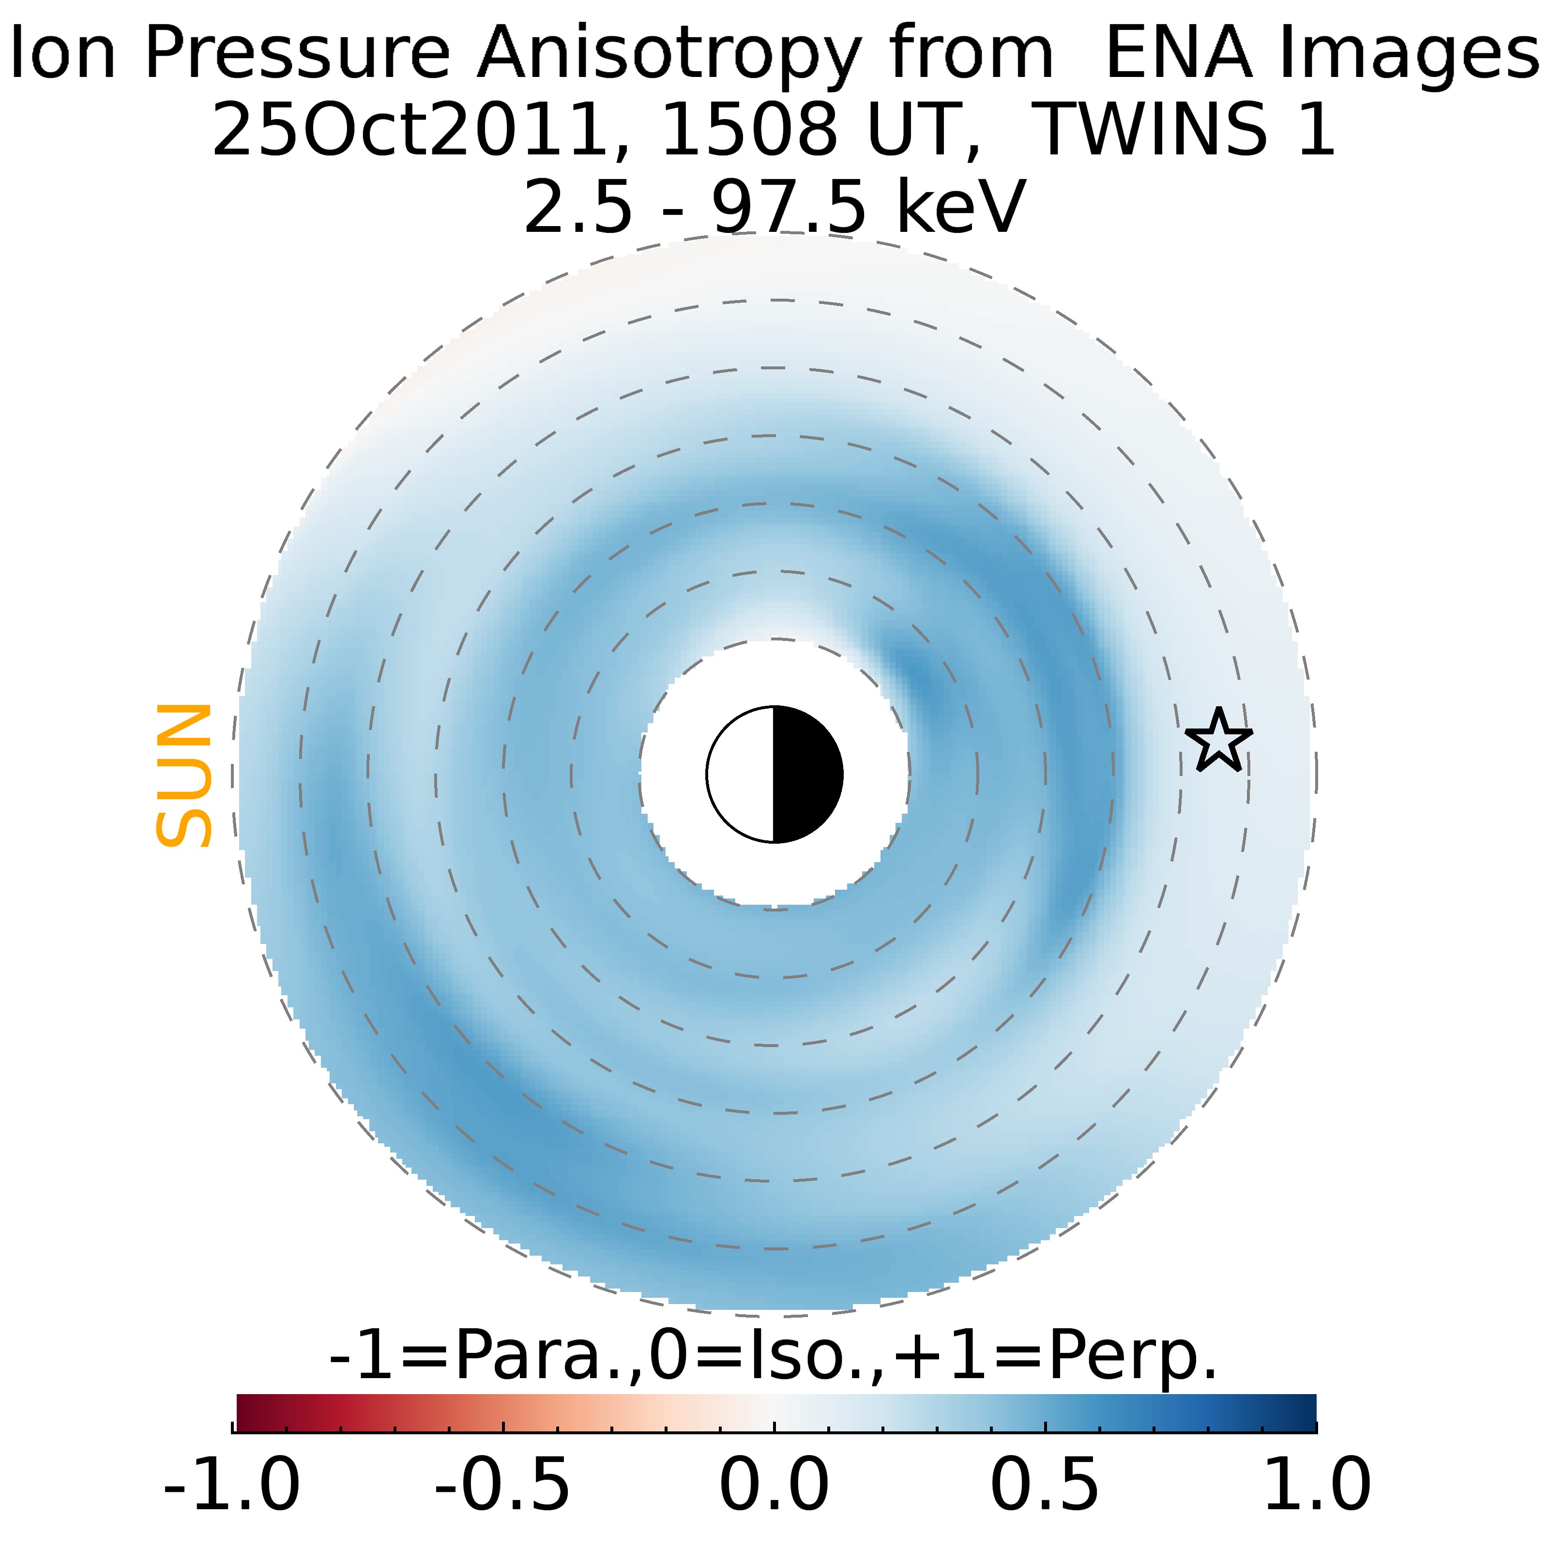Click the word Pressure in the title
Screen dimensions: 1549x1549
pos(297,53)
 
